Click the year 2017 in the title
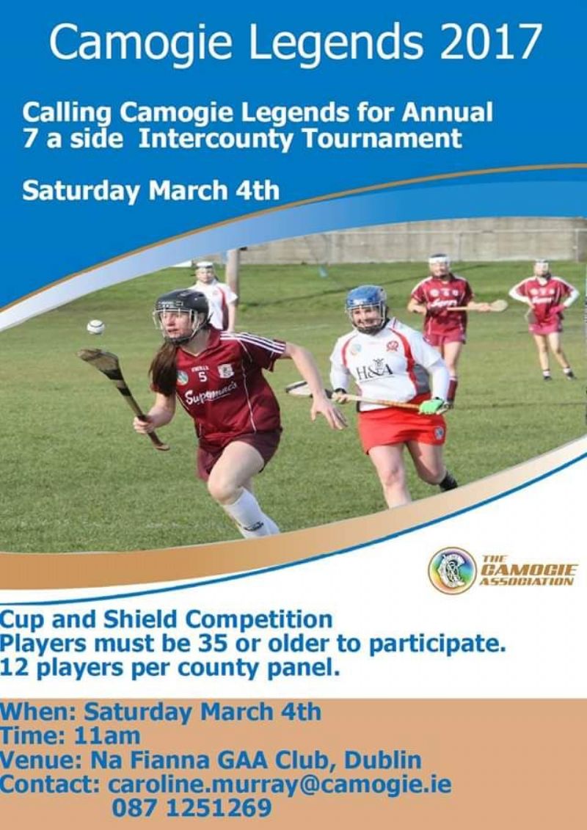pyautogui.click(x=491, y=42)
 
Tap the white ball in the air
pyautogui.click(x=96, y=327)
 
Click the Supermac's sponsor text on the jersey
pyautogui.click(x=211, y=392)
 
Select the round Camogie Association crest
pyautogui.click(x=451, y=570)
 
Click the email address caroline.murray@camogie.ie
pyautogui.click(x=280, y=784)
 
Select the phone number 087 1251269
pyautogui.click(x=192, y=808)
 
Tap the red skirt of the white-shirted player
pyautogui.click(x=402, y=429)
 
